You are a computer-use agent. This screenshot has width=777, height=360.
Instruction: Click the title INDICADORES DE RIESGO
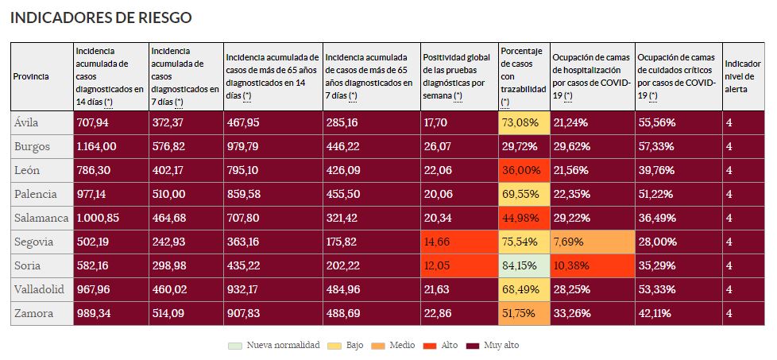tap(101, 17)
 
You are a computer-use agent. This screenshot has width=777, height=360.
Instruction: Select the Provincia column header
tap(31, 76)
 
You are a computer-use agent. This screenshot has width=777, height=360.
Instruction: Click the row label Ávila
tap(26, 122)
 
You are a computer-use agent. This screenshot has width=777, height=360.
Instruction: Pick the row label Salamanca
tap(41, 218)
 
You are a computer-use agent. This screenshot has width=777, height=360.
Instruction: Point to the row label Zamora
tap(33, 314)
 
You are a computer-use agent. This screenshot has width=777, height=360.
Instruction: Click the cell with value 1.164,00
tap(97, 147)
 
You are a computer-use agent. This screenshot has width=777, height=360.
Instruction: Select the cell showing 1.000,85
tap(98, 219)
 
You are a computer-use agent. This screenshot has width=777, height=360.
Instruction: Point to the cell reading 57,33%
tap(655, 147)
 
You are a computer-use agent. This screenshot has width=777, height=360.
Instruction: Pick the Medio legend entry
tap(397, 346)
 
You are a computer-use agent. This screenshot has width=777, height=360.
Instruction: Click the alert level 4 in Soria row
tap(729, 266)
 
